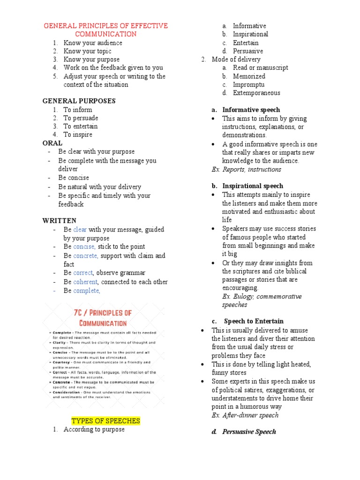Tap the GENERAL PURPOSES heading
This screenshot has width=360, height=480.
[79, 101]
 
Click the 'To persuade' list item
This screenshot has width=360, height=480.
[81, 118]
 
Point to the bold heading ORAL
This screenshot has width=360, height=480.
[52, 143]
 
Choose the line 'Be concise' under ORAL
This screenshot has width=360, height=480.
[74, 178]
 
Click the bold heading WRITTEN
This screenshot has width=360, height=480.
[60, 220]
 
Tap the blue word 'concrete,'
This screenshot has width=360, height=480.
[86, 255]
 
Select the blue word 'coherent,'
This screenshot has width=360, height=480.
[86, 282]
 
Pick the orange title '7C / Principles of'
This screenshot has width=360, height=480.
[102, 313]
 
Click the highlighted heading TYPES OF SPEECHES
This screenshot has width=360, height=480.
[105, 420]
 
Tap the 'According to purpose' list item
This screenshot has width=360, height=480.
[94, 429]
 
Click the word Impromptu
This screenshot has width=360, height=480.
[248, 84]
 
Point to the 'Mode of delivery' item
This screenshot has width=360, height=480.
[236, 59]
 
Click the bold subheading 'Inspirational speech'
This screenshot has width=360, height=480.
[253, 186]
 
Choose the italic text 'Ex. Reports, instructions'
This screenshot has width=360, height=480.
[246, 169]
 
